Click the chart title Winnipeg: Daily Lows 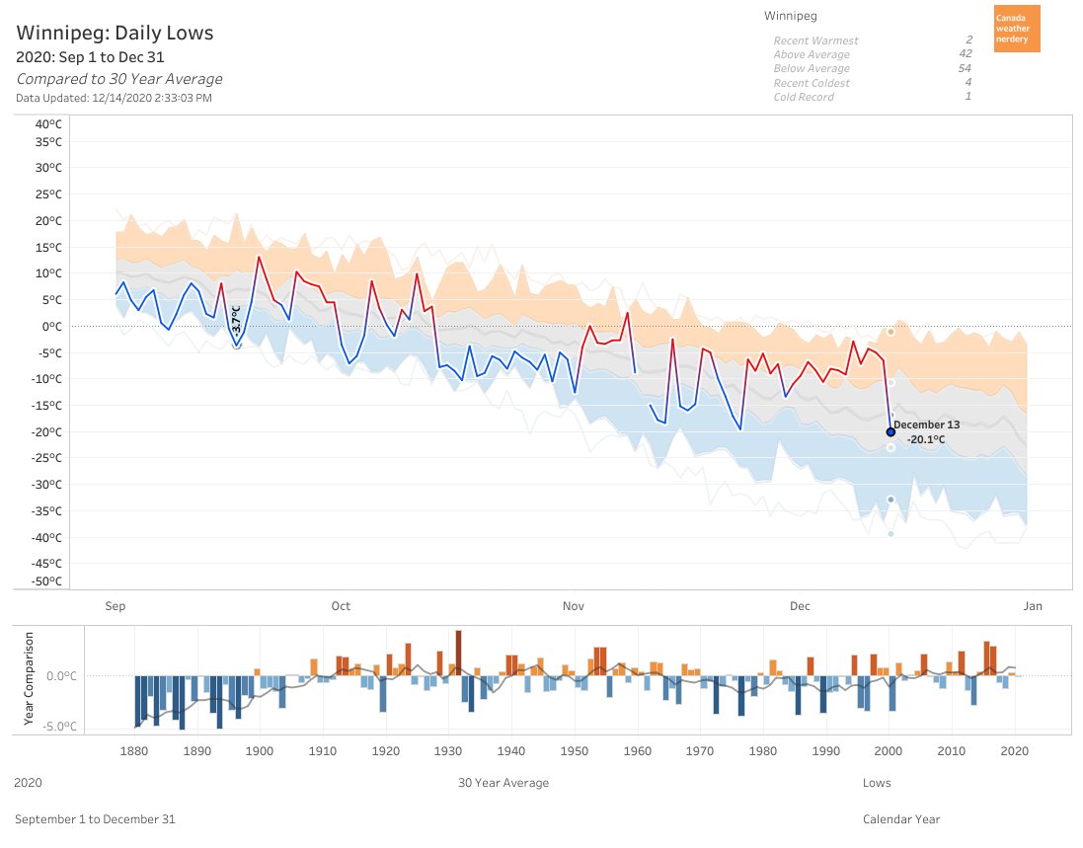(x=115, y=34)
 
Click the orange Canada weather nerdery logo (x=1016, y=29)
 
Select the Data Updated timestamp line (x=114, y=98)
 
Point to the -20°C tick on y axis (x=47, y=431)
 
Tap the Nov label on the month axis (x=573, y=606)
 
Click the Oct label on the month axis (x=341, y=606)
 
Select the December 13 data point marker (x=890, y=431)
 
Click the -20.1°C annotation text (x=926, y=439)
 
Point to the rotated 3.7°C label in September (x=236, y=318)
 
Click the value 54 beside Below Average (x=965, y=69)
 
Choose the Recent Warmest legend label (x=815, y=40)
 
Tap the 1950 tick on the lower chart (x=574, y=751)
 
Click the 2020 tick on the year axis (x=1014, y=751)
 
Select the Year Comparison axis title (x=29, y=680)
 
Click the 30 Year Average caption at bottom (x=503, y=783)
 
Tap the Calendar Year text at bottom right (x=901, y=819)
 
